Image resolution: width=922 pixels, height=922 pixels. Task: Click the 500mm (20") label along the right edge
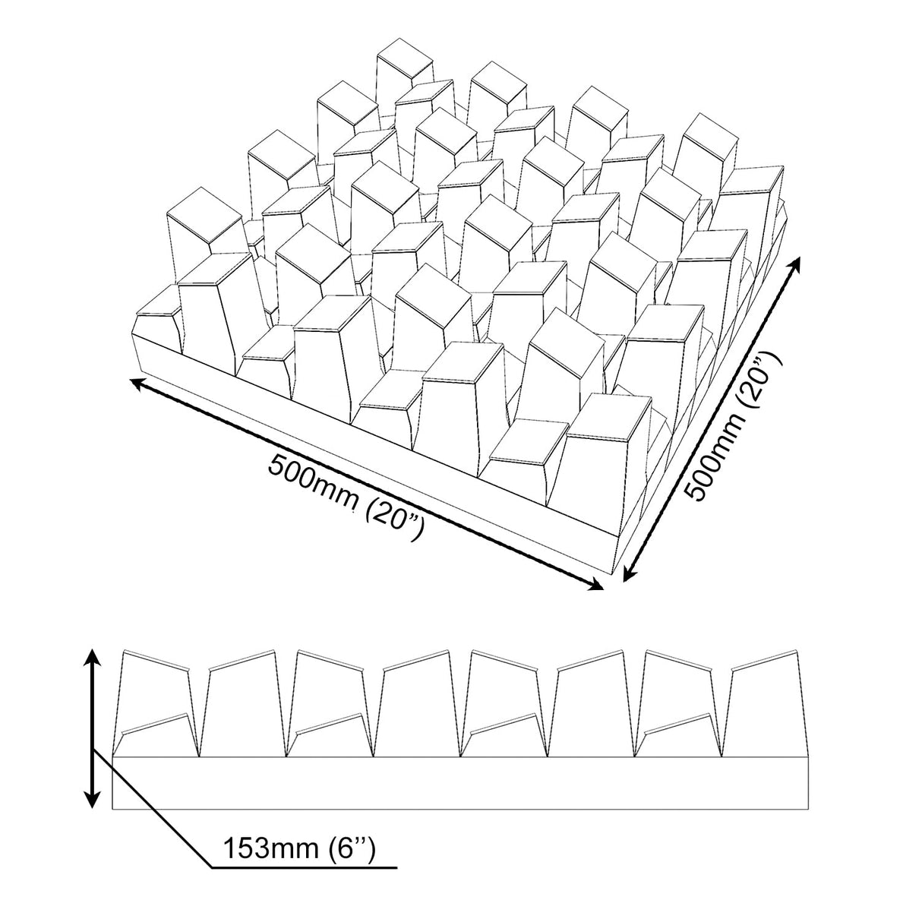[x=728, y=424]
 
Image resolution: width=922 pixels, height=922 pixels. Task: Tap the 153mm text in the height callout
[x=271, y=848]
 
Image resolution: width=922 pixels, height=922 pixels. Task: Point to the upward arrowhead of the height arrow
[x=93, y=659]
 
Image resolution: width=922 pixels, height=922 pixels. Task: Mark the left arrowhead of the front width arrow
[x=139, y=384]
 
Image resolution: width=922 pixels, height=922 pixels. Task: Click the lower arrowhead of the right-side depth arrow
[x=630, y=573]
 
